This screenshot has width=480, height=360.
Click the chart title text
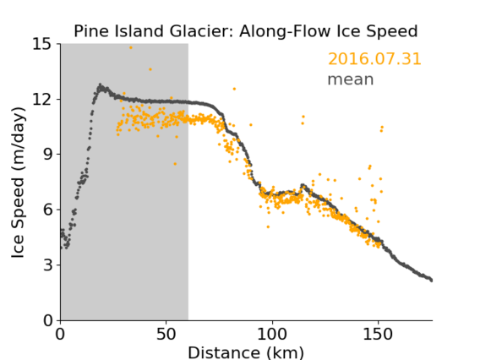[x=246, y=31]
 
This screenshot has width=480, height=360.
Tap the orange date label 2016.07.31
[x=374, y=59]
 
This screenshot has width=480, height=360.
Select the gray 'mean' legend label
[x=351, y=79]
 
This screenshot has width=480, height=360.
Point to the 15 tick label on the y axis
[x=42, y=44]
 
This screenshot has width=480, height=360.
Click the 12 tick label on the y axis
[x=42, y=99]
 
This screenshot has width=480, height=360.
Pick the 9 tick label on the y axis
[x=47, y=155]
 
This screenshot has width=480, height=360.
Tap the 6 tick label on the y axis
[x=47, y=210]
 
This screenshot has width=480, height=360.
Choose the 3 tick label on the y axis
[x=47, y=265]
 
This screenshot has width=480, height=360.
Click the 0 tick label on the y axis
[x=47, y=320]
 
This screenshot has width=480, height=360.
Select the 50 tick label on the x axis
[x=166, y=335]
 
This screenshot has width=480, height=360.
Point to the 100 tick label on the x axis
[x=272, y=335]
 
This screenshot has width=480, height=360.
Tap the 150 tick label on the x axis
[x=378, y=335]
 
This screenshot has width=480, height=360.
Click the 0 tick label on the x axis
[x=60, y=335]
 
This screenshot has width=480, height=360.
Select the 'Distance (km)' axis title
[x=246, y=352]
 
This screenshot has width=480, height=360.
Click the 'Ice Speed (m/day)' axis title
[x=18, y=183]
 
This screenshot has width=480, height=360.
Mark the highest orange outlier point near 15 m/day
[x=131, y=48]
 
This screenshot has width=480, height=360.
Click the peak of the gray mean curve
[x=100, y=85]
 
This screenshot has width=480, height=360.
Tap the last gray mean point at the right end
[x=431, y=280]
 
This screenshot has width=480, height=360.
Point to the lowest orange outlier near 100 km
[x=268, y=226]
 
